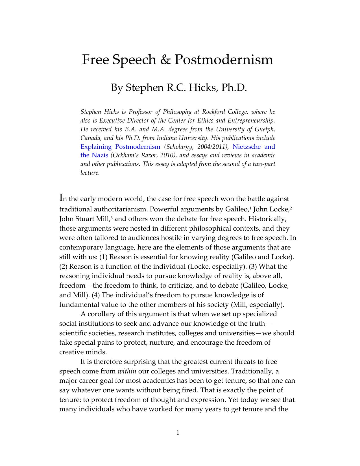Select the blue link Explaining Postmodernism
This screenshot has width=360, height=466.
[x=120, y=147]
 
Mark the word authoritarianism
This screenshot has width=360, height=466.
[x=119, y=209]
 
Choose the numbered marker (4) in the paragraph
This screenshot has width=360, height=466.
[x=96, y=295]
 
